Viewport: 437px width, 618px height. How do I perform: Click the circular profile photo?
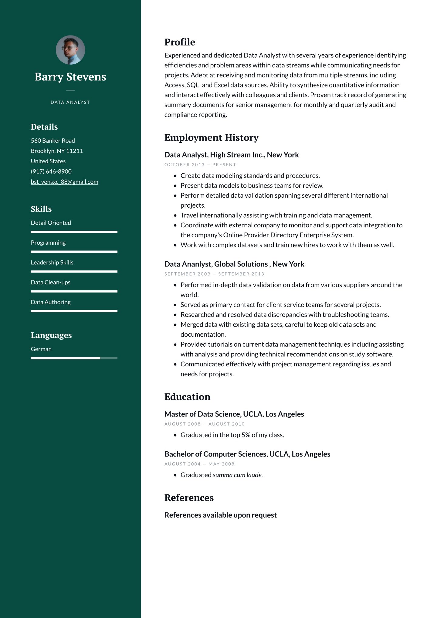[70, 50]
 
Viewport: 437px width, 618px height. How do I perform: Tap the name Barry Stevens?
[70, 77]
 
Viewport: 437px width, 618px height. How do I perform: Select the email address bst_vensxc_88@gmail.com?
[64, 182]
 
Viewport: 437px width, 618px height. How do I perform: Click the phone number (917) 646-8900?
[51, 171]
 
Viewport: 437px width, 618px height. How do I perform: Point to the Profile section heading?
[180, 42]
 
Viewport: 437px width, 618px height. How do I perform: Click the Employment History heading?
[211, 138]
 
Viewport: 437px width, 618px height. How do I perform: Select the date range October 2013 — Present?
[200, 165]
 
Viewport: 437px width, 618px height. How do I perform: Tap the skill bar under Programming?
[74, 252]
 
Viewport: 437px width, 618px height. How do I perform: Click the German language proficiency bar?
[74, 358]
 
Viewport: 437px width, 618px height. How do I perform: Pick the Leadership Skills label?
[52, 263]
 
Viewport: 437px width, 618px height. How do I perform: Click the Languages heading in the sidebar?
[51, 335]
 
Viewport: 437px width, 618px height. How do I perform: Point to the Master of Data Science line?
[234, 414]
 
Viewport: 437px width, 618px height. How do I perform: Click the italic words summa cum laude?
[238, 475]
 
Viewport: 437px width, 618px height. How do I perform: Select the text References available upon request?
[220, 515]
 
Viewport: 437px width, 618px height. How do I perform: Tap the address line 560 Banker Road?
[53, 141]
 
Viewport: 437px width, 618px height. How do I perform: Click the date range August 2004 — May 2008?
[199, 464]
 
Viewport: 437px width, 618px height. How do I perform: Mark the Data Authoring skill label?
[51, 302]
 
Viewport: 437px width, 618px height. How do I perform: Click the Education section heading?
[187, 397]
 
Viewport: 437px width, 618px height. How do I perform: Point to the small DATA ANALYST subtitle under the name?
[70, 102]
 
